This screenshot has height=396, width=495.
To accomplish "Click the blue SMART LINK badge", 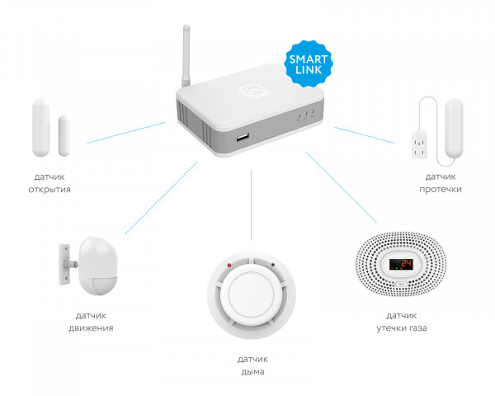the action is (x=308, y=64).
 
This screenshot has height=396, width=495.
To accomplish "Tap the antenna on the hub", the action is (x=186, y=56).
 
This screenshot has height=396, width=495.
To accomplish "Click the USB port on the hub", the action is (x=243, y=138).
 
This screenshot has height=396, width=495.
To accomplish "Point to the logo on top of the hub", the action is (x=254, y=91).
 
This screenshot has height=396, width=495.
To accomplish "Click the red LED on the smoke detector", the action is (x=229, y=265).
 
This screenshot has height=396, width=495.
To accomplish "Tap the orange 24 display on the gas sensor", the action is (x=401, y=264).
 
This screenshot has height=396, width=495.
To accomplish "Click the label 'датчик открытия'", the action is (x=49, y=183).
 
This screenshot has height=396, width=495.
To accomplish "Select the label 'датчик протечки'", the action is (x=441, y=183).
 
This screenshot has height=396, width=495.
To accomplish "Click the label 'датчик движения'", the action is (x=91, y=322).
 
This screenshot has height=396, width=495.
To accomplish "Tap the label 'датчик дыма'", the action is (x=252, y=365).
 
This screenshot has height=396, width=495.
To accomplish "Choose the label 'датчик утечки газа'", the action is (x=402, y=322).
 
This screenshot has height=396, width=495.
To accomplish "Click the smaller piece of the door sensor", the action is (x=64, y=136).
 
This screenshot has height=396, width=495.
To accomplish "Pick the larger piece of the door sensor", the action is (x=40, y=128).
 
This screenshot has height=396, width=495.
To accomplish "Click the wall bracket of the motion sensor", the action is (x=64, y=264).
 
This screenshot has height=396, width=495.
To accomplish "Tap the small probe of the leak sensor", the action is (x=419, y=144).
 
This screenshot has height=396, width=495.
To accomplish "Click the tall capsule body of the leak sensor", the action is (x=454, y=128).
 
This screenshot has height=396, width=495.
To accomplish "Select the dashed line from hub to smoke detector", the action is (x=252, y=205).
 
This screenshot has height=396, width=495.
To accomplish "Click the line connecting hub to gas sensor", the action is (x=342, y=188).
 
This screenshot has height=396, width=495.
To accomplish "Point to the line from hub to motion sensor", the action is (x=161, y=198).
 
